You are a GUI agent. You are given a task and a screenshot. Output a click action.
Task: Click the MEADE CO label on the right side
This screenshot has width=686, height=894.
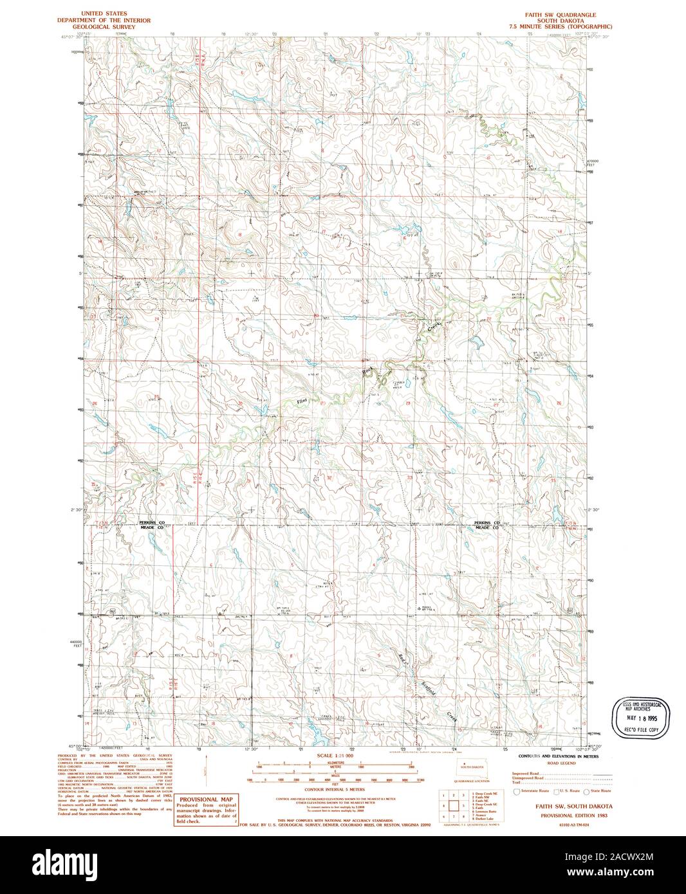(x=487, y=527)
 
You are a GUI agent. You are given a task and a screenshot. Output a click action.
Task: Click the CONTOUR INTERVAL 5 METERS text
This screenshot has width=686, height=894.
(x=334, y=789)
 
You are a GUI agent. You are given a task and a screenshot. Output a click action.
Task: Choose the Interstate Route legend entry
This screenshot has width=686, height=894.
(x=531, y=791)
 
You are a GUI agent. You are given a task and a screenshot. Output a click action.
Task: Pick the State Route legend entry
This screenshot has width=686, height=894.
(x=591, y=791)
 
